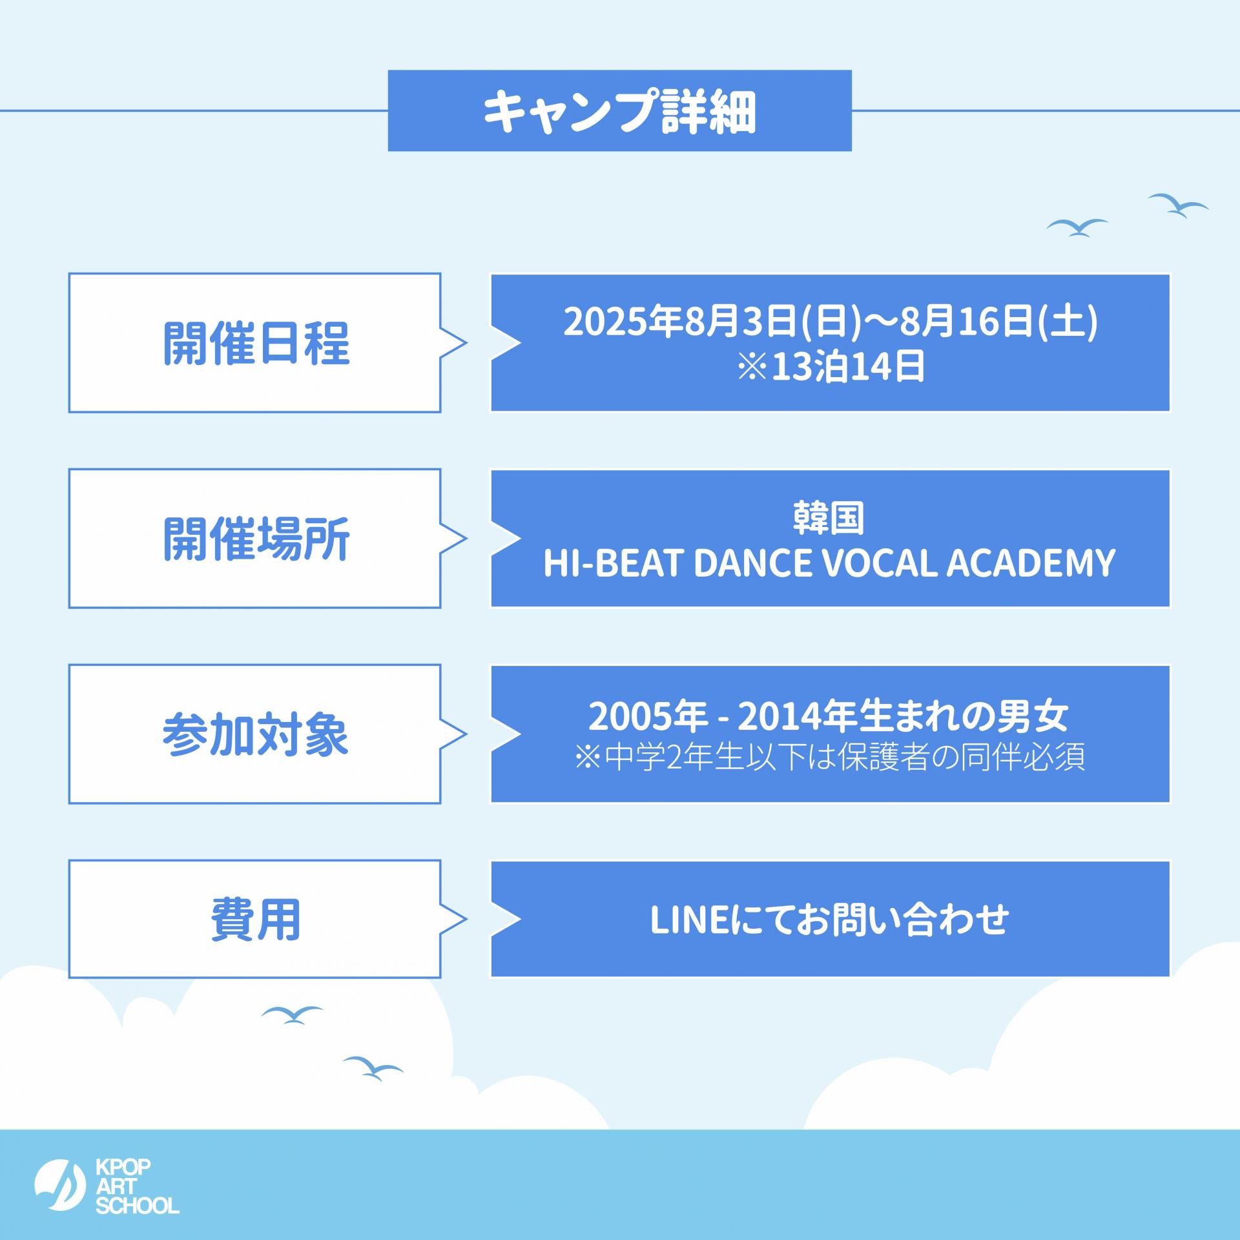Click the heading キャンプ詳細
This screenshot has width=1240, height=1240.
619,111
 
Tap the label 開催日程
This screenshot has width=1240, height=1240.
256,343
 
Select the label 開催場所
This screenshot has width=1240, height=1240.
256,539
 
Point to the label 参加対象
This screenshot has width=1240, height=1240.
256,734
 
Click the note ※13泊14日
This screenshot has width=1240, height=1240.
831,367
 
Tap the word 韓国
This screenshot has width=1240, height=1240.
829,519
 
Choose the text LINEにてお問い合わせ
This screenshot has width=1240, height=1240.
829,920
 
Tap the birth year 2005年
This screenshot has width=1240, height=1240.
648,716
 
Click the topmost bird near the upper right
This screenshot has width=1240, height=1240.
1178,205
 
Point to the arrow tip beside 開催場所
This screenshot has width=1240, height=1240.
466,539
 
